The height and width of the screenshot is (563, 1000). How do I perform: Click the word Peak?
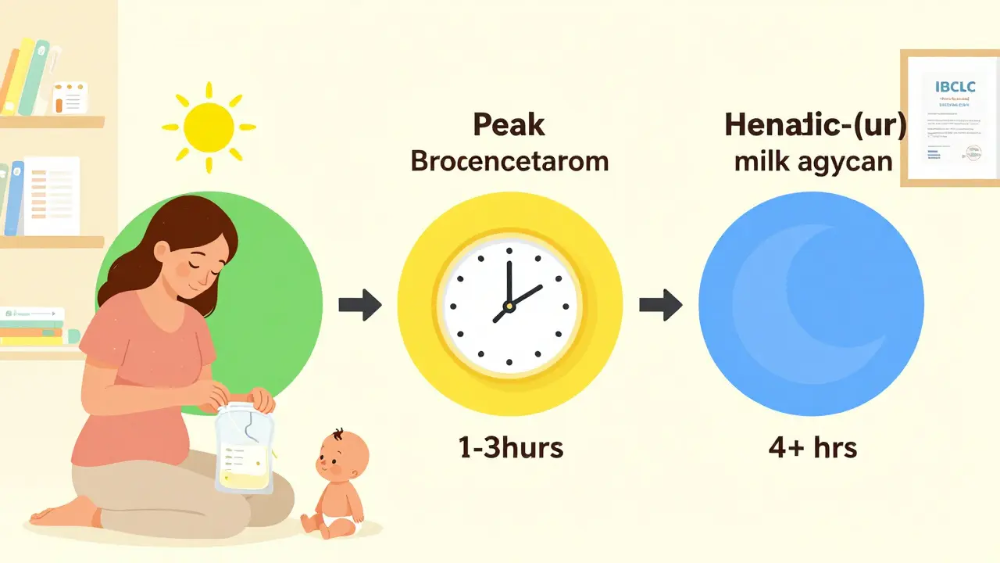click(x=509, y=125)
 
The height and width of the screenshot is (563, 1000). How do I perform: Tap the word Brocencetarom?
click(x=509, y=161)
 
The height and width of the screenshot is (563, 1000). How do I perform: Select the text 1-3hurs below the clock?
click(x=510, y=448)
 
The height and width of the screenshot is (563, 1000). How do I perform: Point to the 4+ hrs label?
click(x=812, y=448)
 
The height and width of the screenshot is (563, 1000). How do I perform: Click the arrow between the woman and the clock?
click(x=360, y=304)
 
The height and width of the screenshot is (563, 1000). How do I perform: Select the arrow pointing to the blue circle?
click(x=661, y=304)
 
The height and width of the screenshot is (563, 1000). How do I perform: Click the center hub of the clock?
click(x=509, y=305)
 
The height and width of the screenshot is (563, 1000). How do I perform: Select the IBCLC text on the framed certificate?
click(x=948, y=86)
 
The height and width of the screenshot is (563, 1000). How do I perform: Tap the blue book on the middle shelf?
click(x=15, y=199)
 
